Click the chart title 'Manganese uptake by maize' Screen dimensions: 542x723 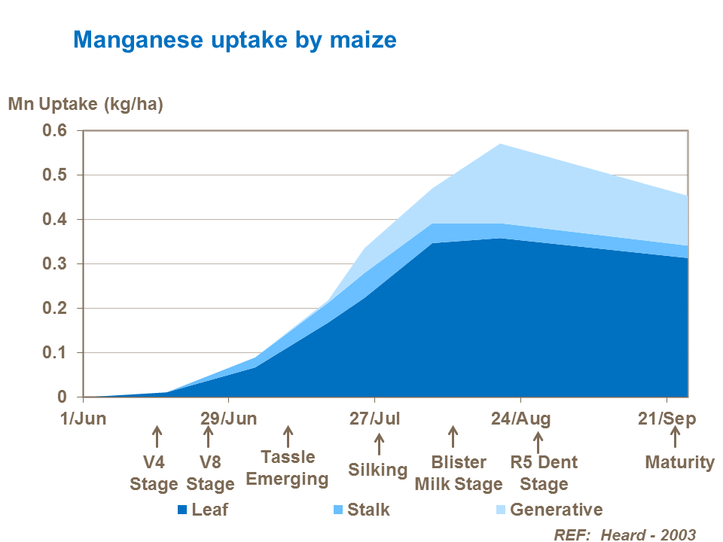(x=234, y=39)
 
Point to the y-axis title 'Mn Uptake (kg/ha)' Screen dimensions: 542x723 (x=85, y=104)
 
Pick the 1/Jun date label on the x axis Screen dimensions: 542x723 (x=84, y=419)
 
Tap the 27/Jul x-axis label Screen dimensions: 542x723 (x=375, y=419)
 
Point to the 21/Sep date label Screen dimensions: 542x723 (x=667, y=419)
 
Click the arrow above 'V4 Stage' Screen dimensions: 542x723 (x=157, y=436)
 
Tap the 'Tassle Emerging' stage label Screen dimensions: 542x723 (x=288, y=468)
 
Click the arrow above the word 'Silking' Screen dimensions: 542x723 (x=379, y=443)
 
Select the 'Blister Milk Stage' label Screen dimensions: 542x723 (x=459, y=473)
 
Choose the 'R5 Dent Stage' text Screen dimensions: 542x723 (x=544, y=473)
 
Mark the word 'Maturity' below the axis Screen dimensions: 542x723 (x=680, y=462)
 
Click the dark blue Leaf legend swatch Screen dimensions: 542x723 (x=182, y=510)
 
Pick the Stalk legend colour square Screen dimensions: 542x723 (x=337, y=510)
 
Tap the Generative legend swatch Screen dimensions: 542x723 (x=500, y=510)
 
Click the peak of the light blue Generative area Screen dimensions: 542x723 (x=499, y=145)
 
